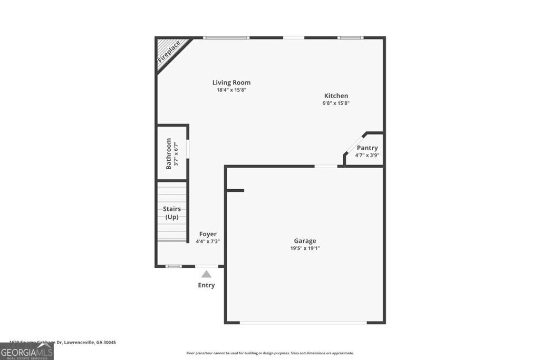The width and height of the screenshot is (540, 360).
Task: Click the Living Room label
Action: click(x=231, y=83)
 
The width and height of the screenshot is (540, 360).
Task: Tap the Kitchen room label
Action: click(x=336, y=96)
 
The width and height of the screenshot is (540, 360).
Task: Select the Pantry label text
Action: click(x=367, y=148)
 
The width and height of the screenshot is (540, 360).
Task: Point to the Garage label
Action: click(x=305, y=241)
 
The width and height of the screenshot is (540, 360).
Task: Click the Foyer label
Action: click(x=208, y=234)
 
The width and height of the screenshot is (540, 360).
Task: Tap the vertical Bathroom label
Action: click(x=169, y=153)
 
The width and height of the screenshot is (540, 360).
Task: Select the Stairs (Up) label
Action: click(x=172, y=213)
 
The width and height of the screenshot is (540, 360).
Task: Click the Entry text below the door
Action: click(x=206, y=285)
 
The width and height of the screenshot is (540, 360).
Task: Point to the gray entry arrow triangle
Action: click(x=206, y=274)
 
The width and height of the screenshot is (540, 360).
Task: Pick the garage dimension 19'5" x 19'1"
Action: click(x=305, y=248)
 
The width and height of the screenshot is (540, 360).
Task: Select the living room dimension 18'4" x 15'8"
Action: click(x=231, y=90)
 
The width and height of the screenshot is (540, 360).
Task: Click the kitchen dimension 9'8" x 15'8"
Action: click(x=336, y=103)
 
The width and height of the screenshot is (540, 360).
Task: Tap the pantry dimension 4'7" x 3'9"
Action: click(x=367, y=155)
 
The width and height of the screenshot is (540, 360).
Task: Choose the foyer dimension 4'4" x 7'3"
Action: click(x=208, y=241)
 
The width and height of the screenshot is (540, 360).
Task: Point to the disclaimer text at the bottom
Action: click(x=270, y=353)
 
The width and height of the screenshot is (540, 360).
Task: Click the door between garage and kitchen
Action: click(x=326, y=167)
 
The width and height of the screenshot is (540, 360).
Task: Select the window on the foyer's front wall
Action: click(x=173, y=266)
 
